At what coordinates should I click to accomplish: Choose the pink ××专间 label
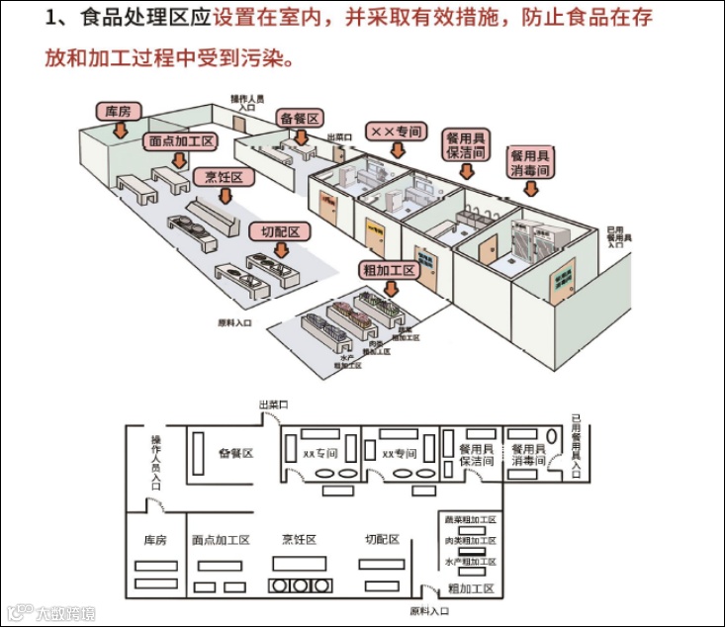395,131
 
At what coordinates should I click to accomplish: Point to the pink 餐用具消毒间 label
529,163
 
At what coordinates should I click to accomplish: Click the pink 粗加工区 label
390,269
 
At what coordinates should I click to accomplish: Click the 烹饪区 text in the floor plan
299,540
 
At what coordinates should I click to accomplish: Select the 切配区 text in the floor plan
381,540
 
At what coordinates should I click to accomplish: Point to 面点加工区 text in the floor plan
222,540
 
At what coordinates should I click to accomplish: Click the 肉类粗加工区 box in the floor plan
471,541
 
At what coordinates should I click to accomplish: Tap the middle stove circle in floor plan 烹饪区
298,585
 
